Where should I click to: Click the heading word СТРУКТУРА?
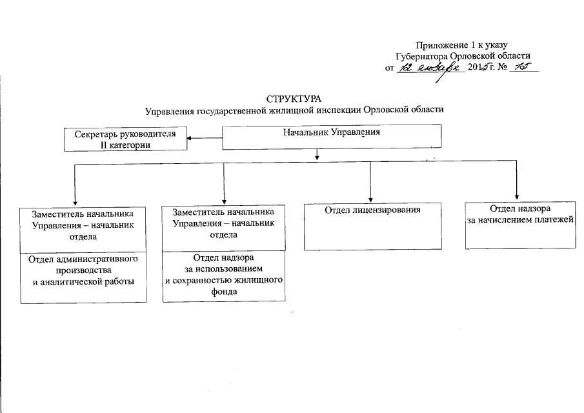click(294, 98)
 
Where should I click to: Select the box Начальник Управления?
click(332, 136)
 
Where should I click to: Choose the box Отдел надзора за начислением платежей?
click(520, 225)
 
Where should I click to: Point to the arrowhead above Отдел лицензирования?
click(370, 199)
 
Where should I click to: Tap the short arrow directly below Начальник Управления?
click(317, 155)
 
